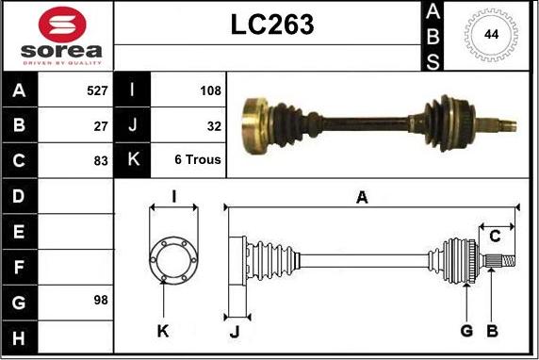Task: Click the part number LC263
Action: point(272,25)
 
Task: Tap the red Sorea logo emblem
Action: point(62,25)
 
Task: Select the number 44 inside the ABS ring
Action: point(491,35)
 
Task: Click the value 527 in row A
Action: point(97,90)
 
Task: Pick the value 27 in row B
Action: point(101,126)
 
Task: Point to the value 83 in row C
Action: point(101,161)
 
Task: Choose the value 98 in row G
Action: point(101,301)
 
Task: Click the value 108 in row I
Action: point(211,90)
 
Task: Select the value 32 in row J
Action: point(214,126)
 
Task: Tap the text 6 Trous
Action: point(198,159)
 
